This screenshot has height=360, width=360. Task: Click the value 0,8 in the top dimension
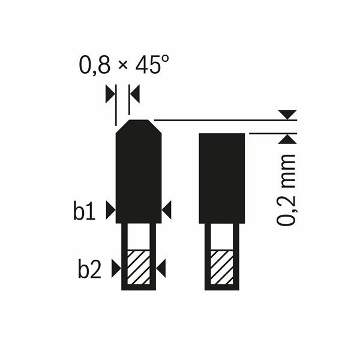(x=94, y=65)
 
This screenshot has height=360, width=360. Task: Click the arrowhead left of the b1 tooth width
(x=110, y=209)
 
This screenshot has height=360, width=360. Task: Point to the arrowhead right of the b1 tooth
(x=167, y=209)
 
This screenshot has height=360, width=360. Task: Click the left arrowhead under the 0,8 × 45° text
(x=110, y=93)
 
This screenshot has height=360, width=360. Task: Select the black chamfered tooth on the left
(x=139, y=174)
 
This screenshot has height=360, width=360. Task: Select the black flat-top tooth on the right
(x=222, y=178)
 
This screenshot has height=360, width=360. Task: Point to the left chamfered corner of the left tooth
(x=122, y=127)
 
